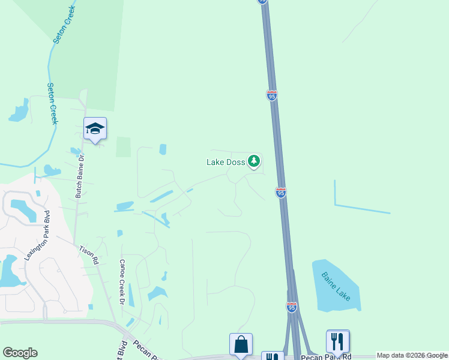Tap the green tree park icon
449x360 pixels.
click(x=254, y=161)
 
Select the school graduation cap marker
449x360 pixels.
click(x=95, y=129)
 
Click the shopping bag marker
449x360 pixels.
click(x=241, y=345)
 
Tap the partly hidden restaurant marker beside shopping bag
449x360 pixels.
click(x=272, y=356)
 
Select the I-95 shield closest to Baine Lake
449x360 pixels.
click(x=291, y=307)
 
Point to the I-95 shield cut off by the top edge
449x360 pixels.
click(x=263, y=2)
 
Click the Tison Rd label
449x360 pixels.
click(x=88, y=254)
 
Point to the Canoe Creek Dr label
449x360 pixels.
click(x=122, y=281)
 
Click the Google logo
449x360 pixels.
click(x=20, y=353)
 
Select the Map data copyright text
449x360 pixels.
click(x=412, y=356)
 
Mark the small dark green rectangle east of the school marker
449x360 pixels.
click(x=123, y=147)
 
